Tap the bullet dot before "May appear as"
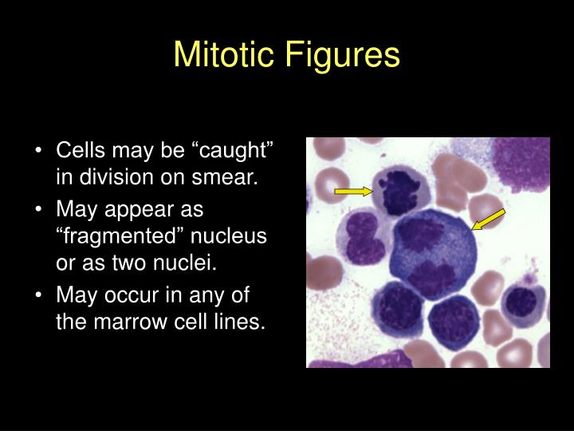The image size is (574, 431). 40,211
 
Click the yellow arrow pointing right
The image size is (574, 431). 353,191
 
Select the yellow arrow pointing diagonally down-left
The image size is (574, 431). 488,218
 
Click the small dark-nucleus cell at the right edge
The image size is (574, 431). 521,302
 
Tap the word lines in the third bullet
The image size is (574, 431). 243,323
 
